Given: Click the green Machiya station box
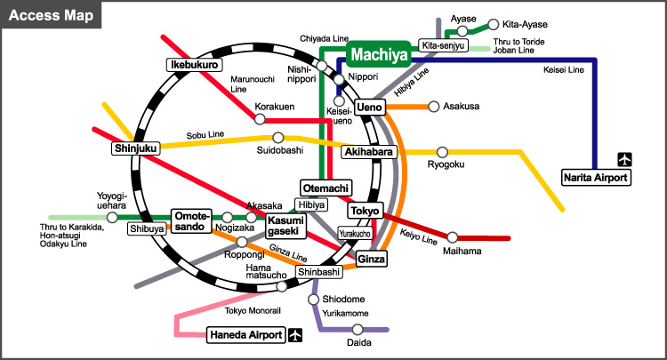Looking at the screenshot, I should tap(378, 56).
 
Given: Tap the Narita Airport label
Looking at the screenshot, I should tap(595, 177).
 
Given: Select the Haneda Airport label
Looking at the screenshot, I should tap(246, 335).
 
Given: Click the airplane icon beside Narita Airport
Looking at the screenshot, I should tap(625, 160).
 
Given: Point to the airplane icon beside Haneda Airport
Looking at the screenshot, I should tap(295, 335).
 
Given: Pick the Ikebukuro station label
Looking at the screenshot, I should tap(194, 65).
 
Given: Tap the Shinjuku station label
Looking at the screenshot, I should tap(135, 148).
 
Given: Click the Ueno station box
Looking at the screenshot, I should tap(369, 108).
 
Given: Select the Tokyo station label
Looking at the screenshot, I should tap(365, 211).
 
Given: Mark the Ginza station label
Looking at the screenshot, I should tap(371, 259).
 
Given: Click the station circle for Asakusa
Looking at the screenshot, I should tap(433, 107).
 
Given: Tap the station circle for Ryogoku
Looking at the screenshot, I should tap(442, 152).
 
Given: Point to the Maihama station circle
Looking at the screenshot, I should tap(453, 237).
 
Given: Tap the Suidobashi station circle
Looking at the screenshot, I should tap(278, 138).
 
